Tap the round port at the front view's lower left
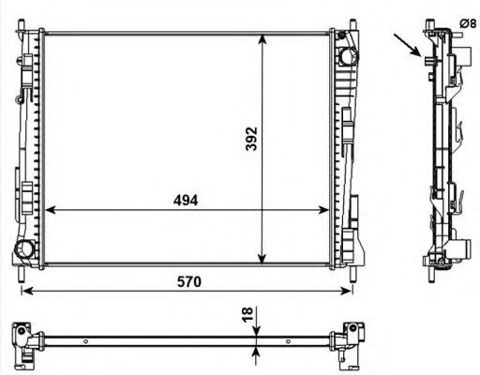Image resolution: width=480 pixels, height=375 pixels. (26, 249)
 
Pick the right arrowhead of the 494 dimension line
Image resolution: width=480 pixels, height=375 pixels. (328, 210)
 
